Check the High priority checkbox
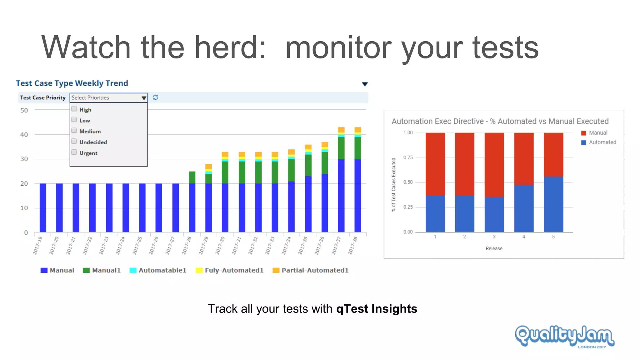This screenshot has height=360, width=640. point(74,109)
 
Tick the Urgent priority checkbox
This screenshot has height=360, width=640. point(74,152)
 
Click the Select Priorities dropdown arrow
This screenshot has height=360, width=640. point(143,98)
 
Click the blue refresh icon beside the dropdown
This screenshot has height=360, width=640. point(155,97)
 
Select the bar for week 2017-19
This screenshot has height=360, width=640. point(43,208)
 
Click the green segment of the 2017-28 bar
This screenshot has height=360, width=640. point(192,177)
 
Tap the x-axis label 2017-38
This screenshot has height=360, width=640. point(353,246)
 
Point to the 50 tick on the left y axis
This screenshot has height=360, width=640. point(24,110)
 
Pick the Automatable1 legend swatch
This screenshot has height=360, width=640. point(133,270)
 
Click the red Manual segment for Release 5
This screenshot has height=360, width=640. point(553,155)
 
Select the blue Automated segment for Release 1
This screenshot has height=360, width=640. point(435,214)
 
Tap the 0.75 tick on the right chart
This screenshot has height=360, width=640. point(408,157)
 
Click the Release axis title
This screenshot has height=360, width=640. point(494,248)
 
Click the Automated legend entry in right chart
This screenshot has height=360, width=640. point(599,142)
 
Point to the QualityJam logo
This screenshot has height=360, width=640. point(564,336)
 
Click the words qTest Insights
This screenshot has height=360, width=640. point(377,309)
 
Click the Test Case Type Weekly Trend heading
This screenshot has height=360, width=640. point(72,83)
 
